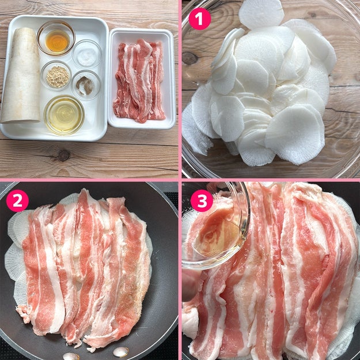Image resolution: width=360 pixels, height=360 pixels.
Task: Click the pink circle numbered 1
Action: coord(199,19)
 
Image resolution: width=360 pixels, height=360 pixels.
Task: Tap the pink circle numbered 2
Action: coord(17,200)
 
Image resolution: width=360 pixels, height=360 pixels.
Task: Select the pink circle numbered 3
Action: coord(202,200)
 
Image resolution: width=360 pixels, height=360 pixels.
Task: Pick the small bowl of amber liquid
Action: coord(56,38)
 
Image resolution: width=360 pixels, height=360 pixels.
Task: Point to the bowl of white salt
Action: coord(86,54)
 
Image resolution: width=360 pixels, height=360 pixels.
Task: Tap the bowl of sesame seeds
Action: coord(57,76)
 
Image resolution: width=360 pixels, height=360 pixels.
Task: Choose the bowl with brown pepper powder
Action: coord(86,85)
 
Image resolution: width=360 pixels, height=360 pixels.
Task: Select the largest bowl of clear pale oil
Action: coord(64,115)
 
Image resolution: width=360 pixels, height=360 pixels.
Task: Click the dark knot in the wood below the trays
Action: coord(63,156)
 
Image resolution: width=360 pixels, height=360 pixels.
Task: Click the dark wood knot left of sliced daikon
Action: coord(190,58)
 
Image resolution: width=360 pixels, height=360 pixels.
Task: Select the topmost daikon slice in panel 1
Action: coord(261,14)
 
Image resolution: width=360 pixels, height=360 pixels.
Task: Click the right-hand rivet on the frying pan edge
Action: coord(121,352)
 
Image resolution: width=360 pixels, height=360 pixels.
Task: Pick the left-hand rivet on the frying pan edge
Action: coord(71,357)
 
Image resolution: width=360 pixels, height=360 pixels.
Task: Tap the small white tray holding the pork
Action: coord(142,78)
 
